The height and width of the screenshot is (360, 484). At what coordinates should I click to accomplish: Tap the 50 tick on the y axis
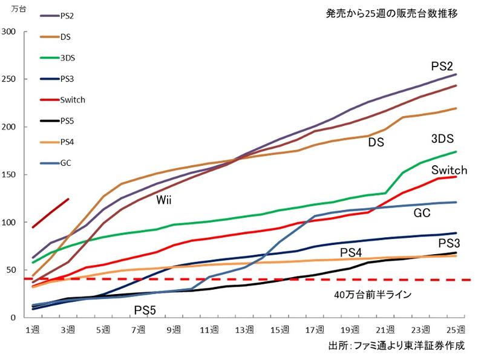tap(12, 269)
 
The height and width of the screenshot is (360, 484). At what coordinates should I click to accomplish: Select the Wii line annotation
tap(164, 200)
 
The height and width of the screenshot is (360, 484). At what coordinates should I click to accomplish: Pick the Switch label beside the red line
tap(448, 171)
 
